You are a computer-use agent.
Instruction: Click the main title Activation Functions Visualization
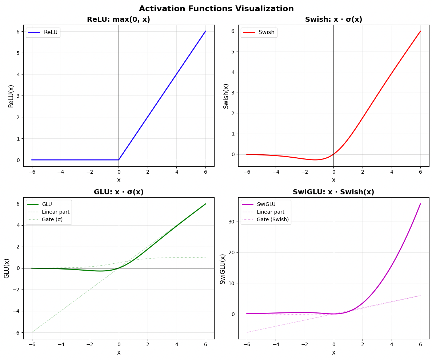(216, 9)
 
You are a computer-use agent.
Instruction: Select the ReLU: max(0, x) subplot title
(119, 20)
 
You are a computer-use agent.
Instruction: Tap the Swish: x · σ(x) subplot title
(333, 20)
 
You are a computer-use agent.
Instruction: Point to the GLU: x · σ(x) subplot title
(119, 192)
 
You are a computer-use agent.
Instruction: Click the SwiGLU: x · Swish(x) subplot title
(333, 192)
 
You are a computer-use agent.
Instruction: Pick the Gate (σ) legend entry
(52, 219)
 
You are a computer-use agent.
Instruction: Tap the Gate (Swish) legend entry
(273, 219)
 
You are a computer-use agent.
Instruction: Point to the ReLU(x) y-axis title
(11, 96)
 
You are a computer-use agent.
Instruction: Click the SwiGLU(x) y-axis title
(223, 268)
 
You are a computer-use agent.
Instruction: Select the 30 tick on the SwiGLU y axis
(231, 222)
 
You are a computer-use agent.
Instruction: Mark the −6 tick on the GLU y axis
(16, 332)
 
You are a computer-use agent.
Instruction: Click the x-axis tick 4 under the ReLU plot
(176, 171)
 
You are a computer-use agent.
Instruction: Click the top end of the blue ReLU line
(205, 31)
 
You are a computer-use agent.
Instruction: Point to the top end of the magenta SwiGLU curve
(420, 204)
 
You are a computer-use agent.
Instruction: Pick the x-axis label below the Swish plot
(333, 180)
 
